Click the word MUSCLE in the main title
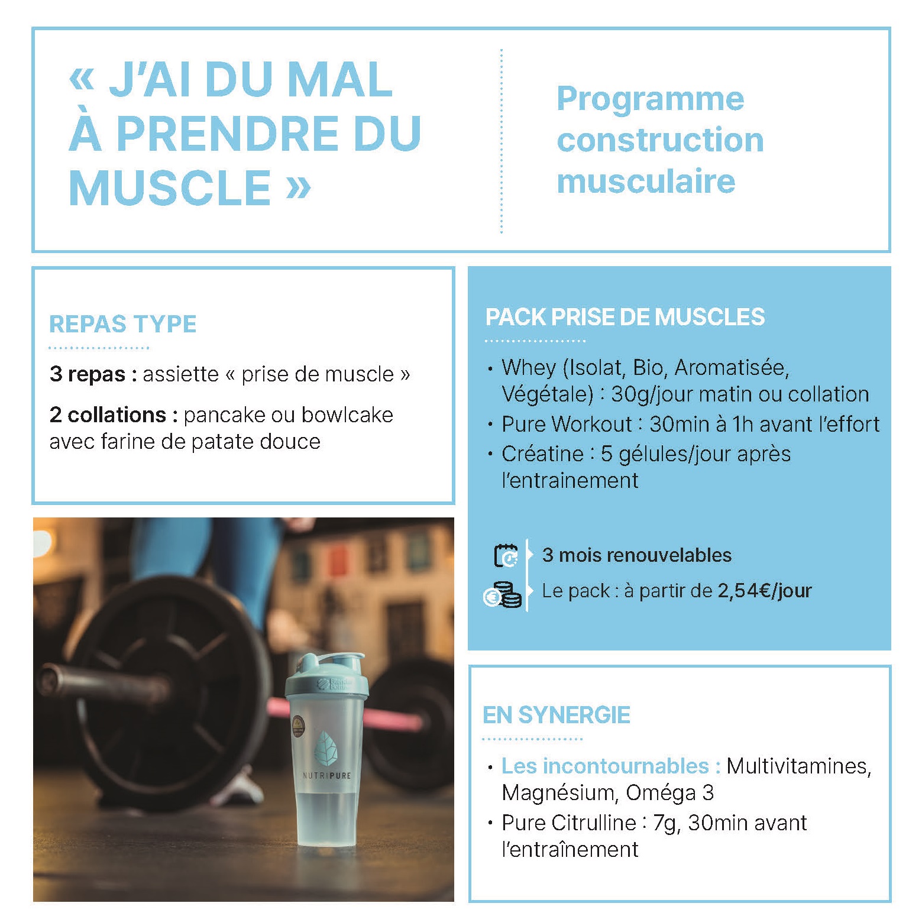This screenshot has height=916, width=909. [x=170, y=188]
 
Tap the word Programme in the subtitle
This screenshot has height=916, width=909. [x=650, y=99]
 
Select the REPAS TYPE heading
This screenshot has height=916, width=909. [x=122, y=324]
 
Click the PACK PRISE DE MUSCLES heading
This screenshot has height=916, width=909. [x=625, y=318]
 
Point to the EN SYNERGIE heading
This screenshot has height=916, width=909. [x=556, y=715]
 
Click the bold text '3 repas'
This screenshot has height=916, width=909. [x=88, y=374]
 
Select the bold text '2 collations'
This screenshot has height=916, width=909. [x=108, y=415]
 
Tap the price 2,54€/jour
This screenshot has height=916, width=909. [x=764, y=591]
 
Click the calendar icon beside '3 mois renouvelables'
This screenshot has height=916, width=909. [x=506, y=555]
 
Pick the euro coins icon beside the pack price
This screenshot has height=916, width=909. [x=503, y=595]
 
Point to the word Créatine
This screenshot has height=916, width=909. [x=542, y=454]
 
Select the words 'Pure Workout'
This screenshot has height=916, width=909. [x=567, y=425]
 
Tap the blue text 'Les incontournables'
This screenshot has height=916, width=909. [x=604, y=766]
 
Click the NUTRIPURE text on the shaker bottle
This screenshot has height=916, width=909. [x=326, y=775]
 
